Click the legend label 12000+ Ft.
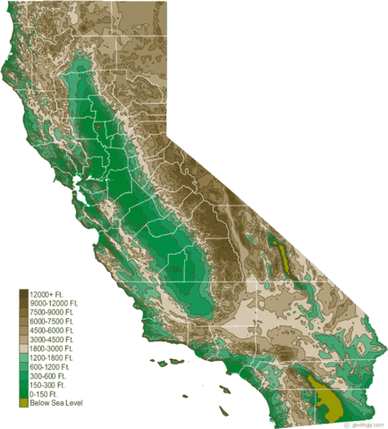click(46, 294)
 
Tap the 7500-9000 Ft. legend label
click(51, 312)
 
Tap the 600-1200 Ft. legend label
click(49, 366)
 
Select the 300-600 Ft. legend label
click(47, 375)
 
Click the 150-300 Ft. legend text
click(47, 384)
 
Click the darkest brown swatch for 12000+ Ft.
click(23, 294)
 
